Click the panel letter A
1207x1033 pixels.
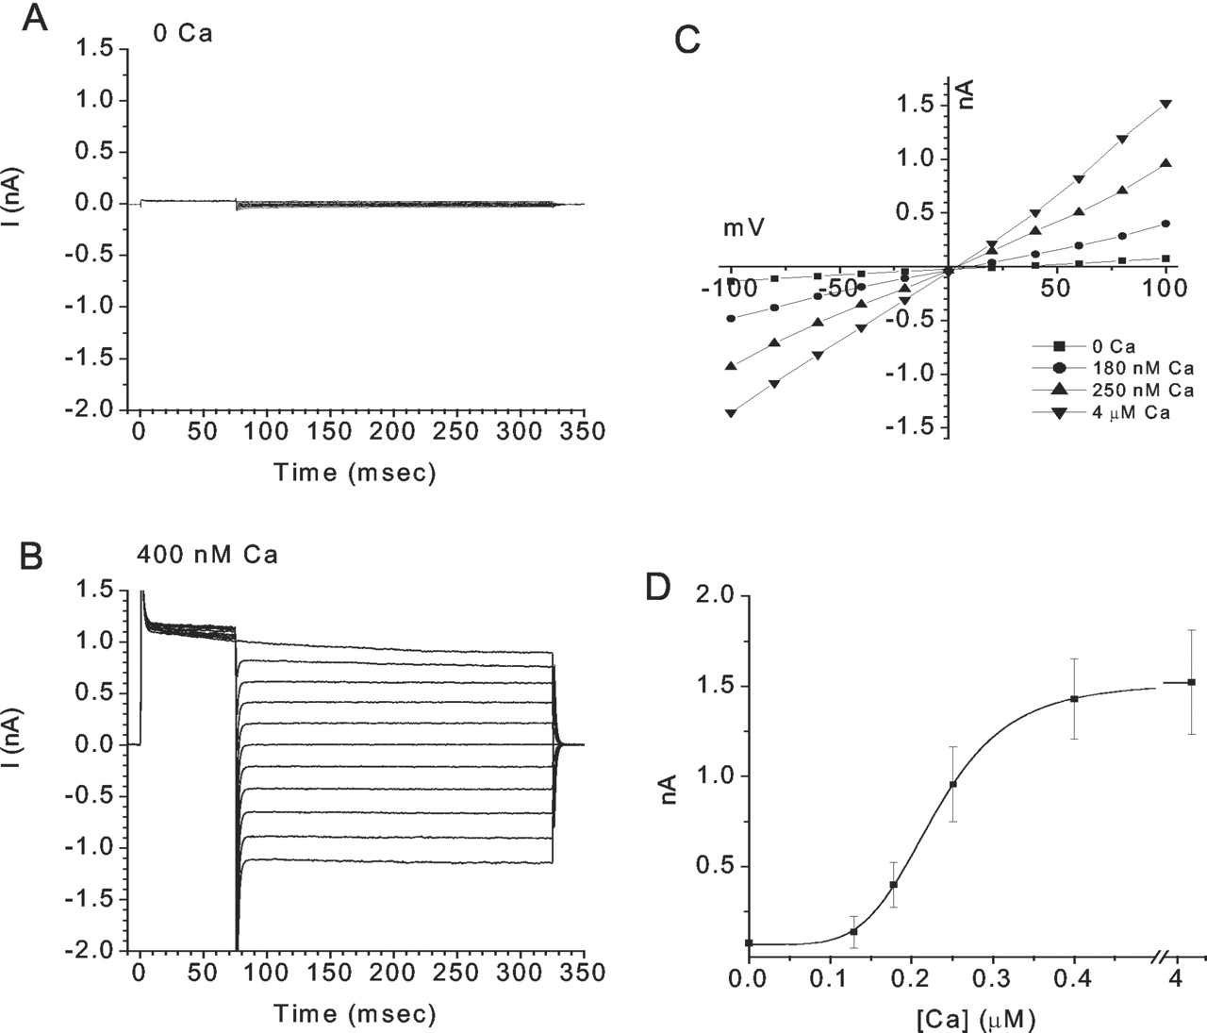(x=35, y=18)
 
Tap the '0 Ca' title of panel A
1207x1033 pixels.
(x=183, y=35)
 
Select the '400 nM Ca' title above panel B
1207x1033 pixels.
(x=207, y=554)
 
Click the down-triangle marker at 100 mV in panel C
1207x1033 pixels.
(x=1166, y=104)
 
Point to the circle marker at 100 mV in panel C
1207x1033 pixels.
(x=1166, y=224)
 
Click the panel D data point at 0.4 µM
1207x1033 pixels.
(x=1074, y=698)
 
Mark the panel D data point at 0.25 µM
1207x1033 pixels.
(x=953, y=784)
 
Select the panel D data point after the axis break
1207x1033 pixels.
(x=1192, y=681)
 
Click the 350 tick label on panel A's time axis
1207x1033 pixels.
(x=585, y=433)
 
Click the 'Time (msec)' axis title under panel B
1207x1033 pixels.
(x=355, y=1014)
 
